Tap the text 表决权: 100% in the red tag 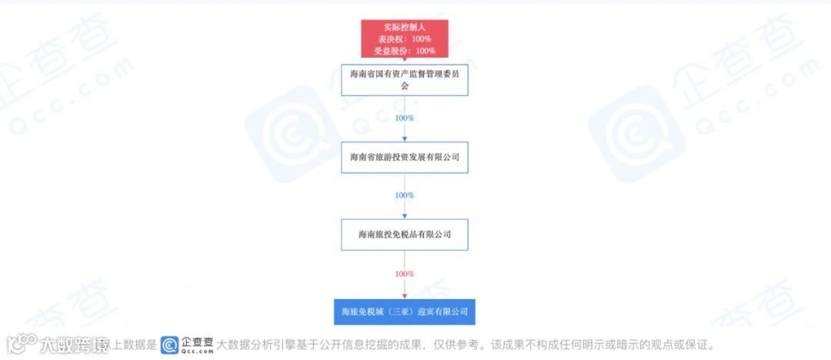pos(405,38)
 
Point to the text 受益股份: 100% pos(405,51)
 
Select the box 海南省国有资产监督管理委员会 pos(405,80)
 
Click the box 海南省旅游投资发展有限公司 pos(405,157)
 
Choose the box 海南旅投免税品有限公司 pos(405,234)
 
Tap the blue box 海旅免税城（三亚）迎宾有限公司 pos(405,312)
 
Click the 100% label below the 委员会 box pos(405,118)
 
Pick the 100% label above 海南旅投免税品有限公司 pos(405,195)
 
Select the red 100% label pos(405,274)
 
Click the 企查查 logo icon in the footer pos(169,345)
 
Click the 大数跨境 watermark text pos(74,345)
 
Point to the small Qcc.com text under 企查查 pos(197,352)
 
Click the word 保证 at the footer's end pos(704,345)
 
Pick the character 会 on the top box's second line pos(405,86)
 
